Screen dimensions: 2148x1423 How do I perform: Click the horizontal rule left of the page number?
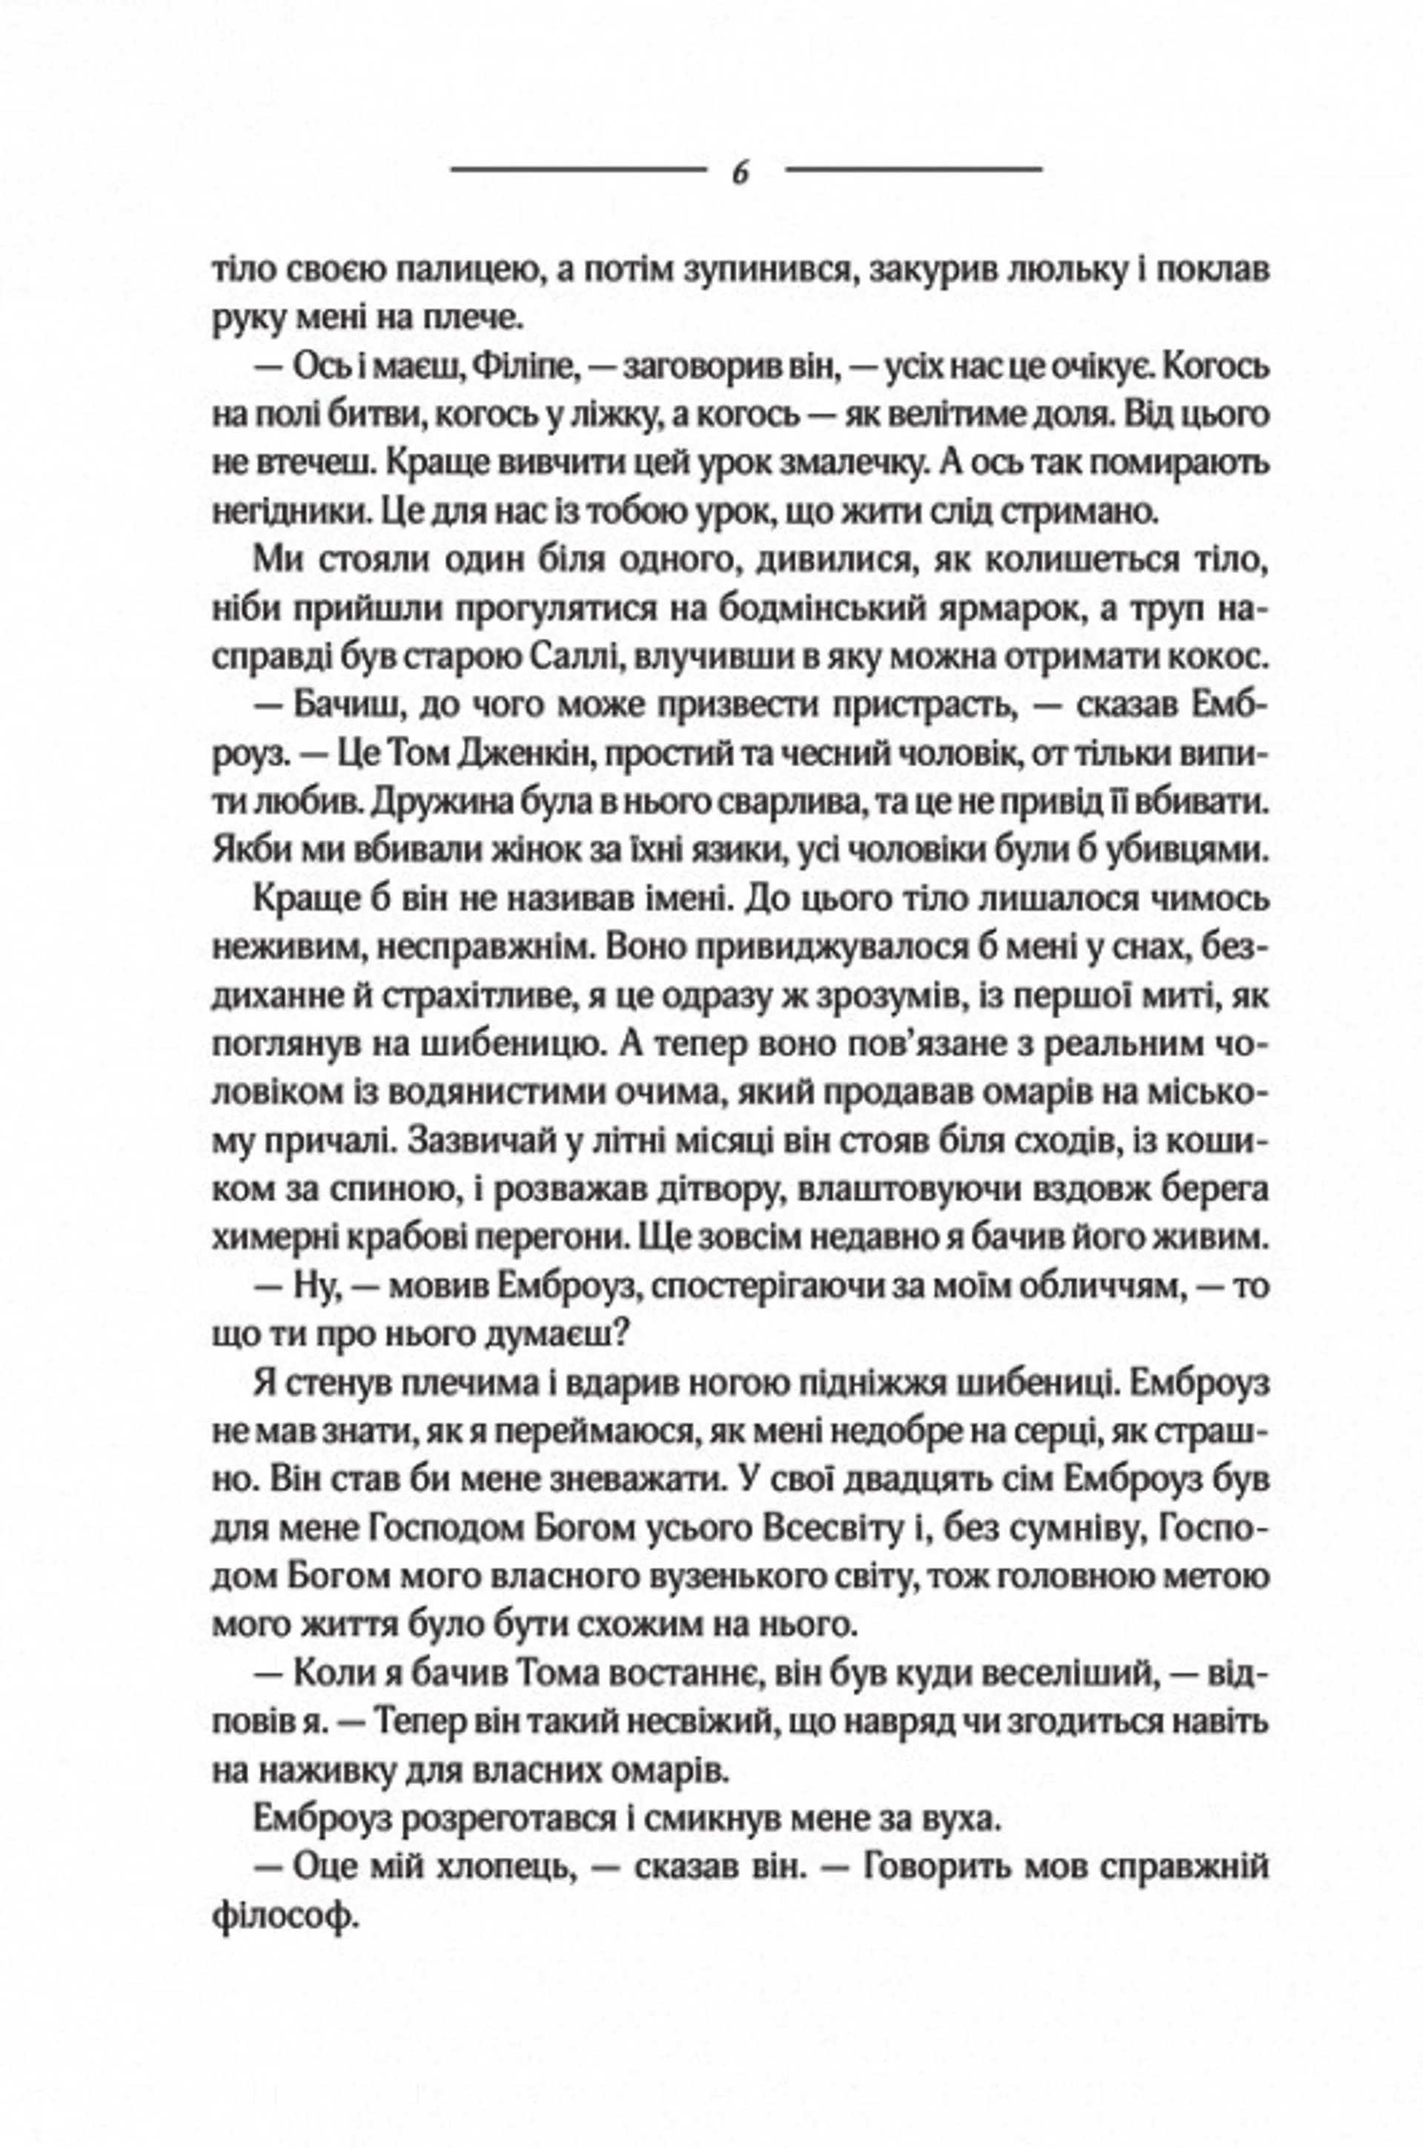pos(578,169)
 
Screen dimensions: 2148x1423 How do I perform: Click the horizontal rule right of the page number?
pos(913,169)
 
